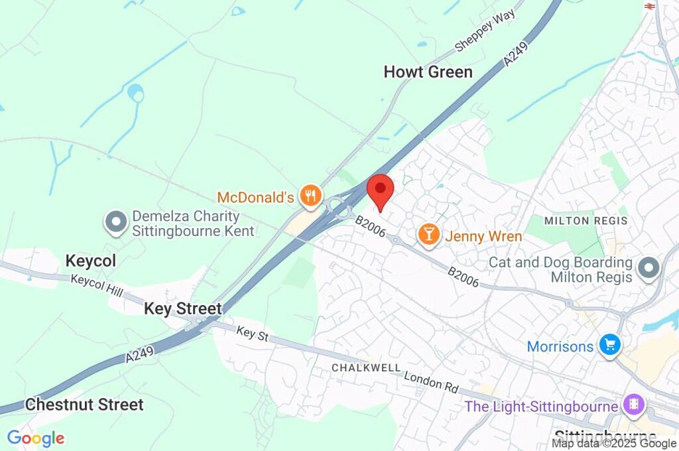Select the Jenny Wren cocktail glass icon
(x=429, y=235)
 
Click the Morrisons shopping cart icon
(x=609, y=346)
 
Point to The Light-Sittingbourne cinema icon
(x=634, y=405)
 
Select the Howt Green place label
(x=428, y=72)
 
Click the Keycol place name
(x=90, y=261)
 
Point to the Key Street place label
(x=182, y=308)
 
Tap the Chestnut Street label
(x=84, y=404)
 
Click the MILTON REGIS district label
(x=586, y=220)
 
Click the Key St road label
(x=253, y=335)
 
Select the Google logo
(x=36, y=438)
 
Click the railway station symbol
(x=650, y=5)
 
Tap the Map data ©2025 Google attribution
(x=614, y=444)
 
